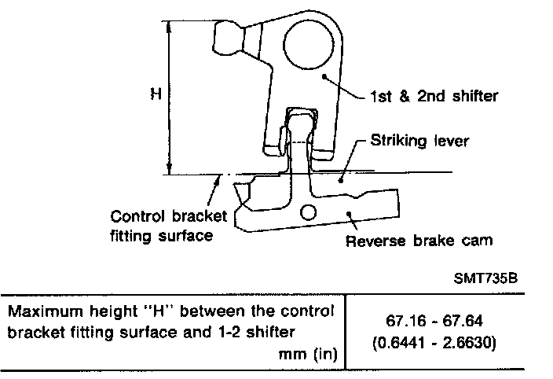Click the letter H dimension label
click(x=157, y=94)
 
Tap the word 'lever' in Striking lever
click(x=453, y=142)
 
